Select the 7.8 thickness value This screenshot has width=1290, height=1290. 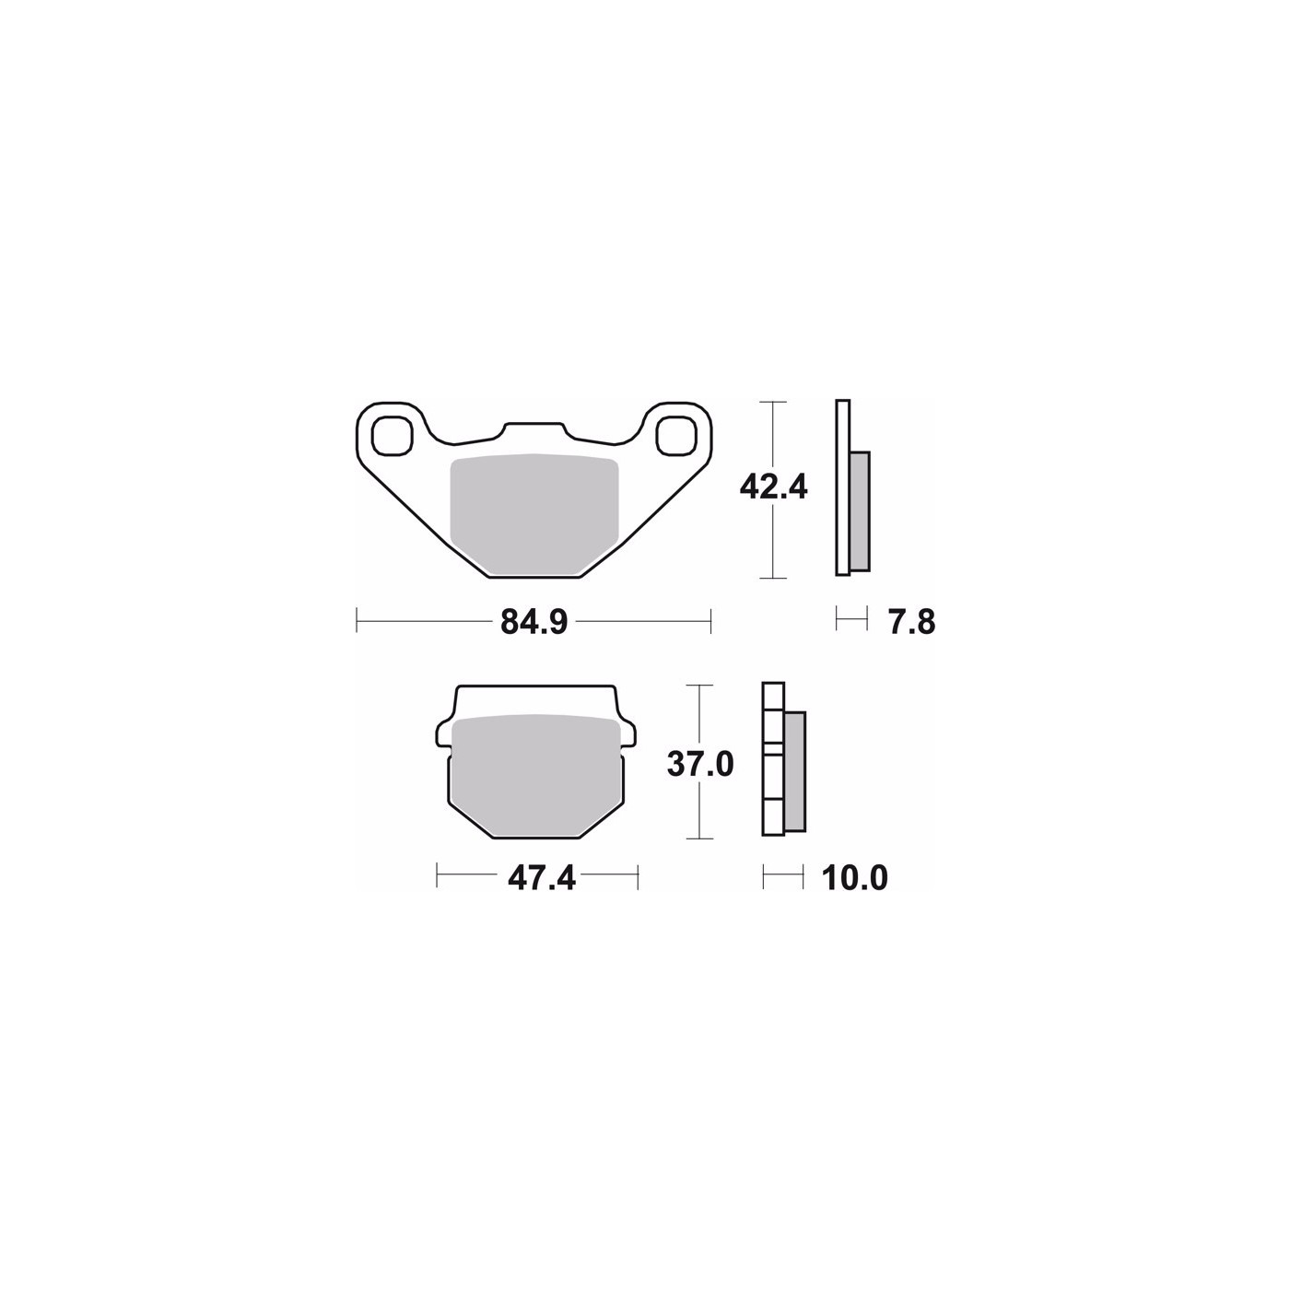coord(911,623)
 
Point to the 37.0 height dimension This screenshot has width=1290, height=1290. coord(700,764)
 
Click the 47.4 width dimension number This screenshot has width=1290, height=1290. coord(542,877)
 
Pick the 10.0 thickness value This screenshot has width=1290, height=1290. coord(855,877)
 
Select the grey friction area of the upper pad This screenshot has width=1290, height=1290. coord(534,515)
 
